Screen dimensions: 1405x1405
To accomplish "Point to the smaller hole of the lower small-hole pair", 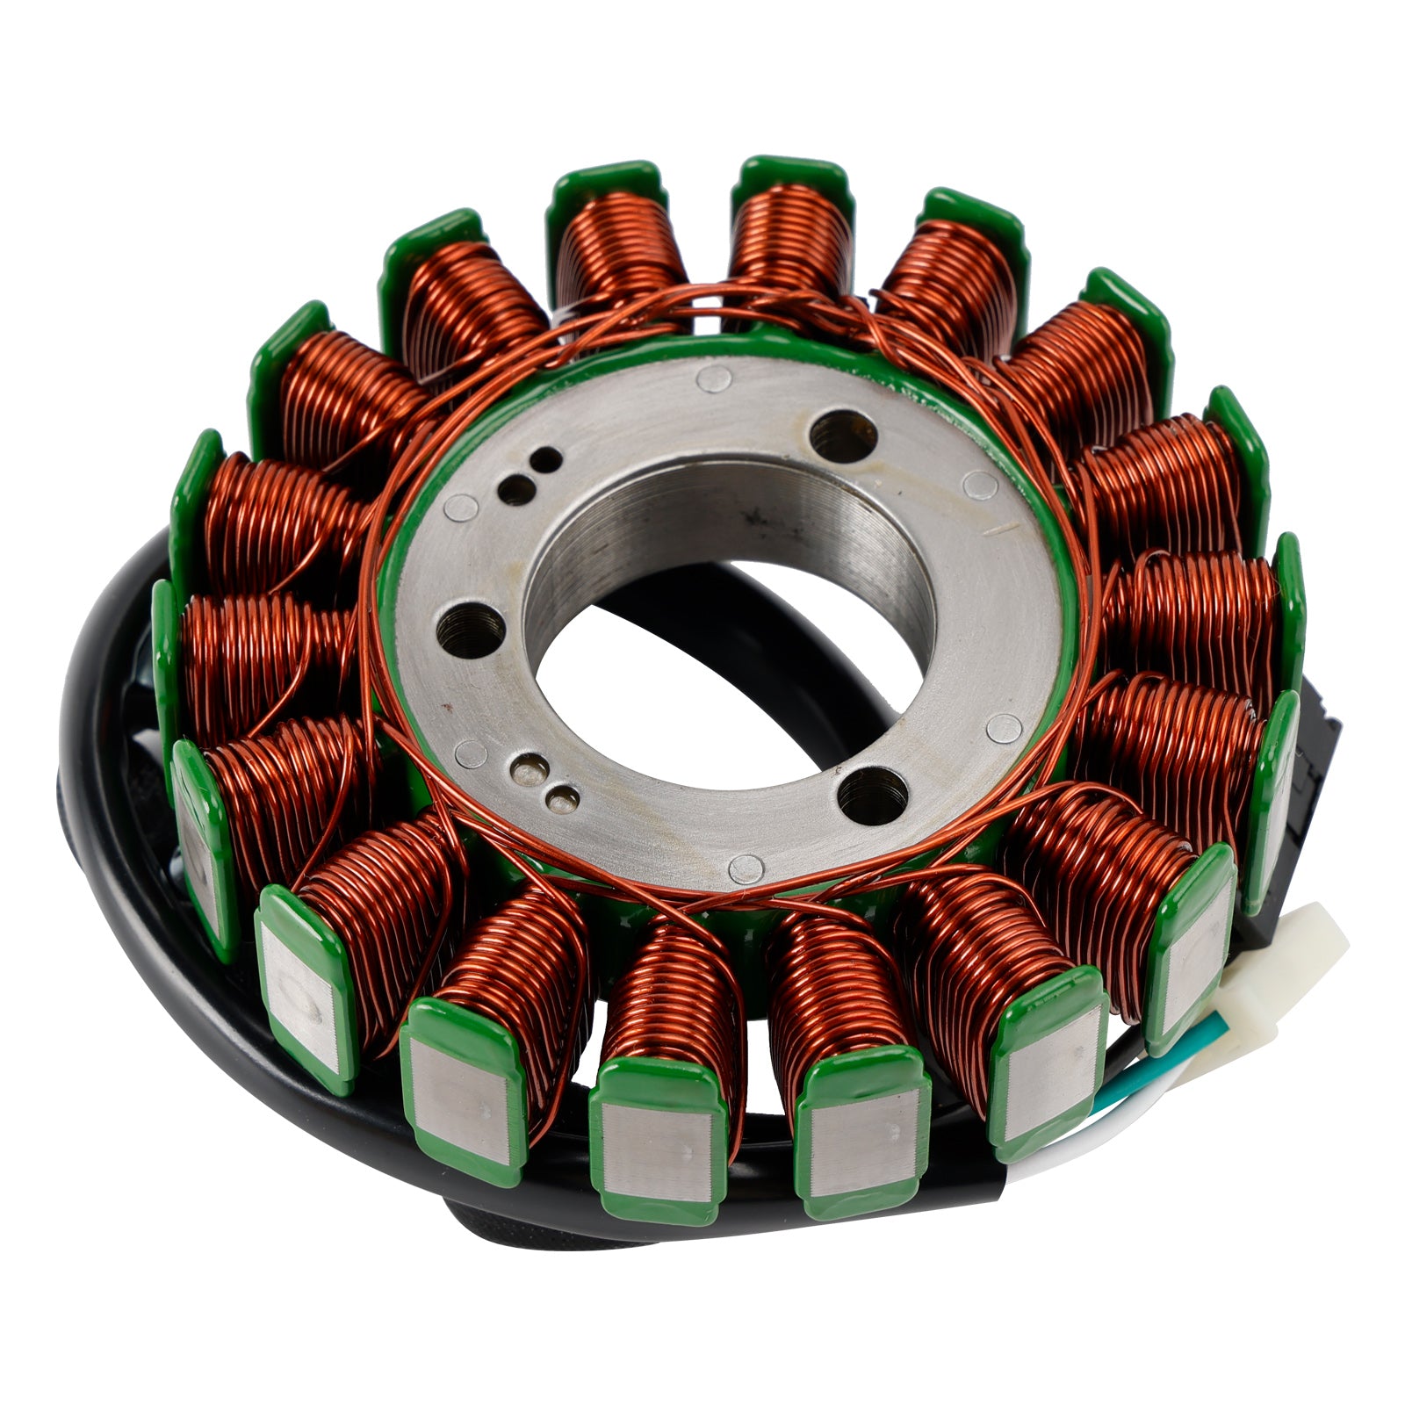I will click(x=562, y=798).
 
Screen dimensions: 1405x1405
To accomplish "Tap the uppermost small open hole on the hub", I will click(x=549, y=458).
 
